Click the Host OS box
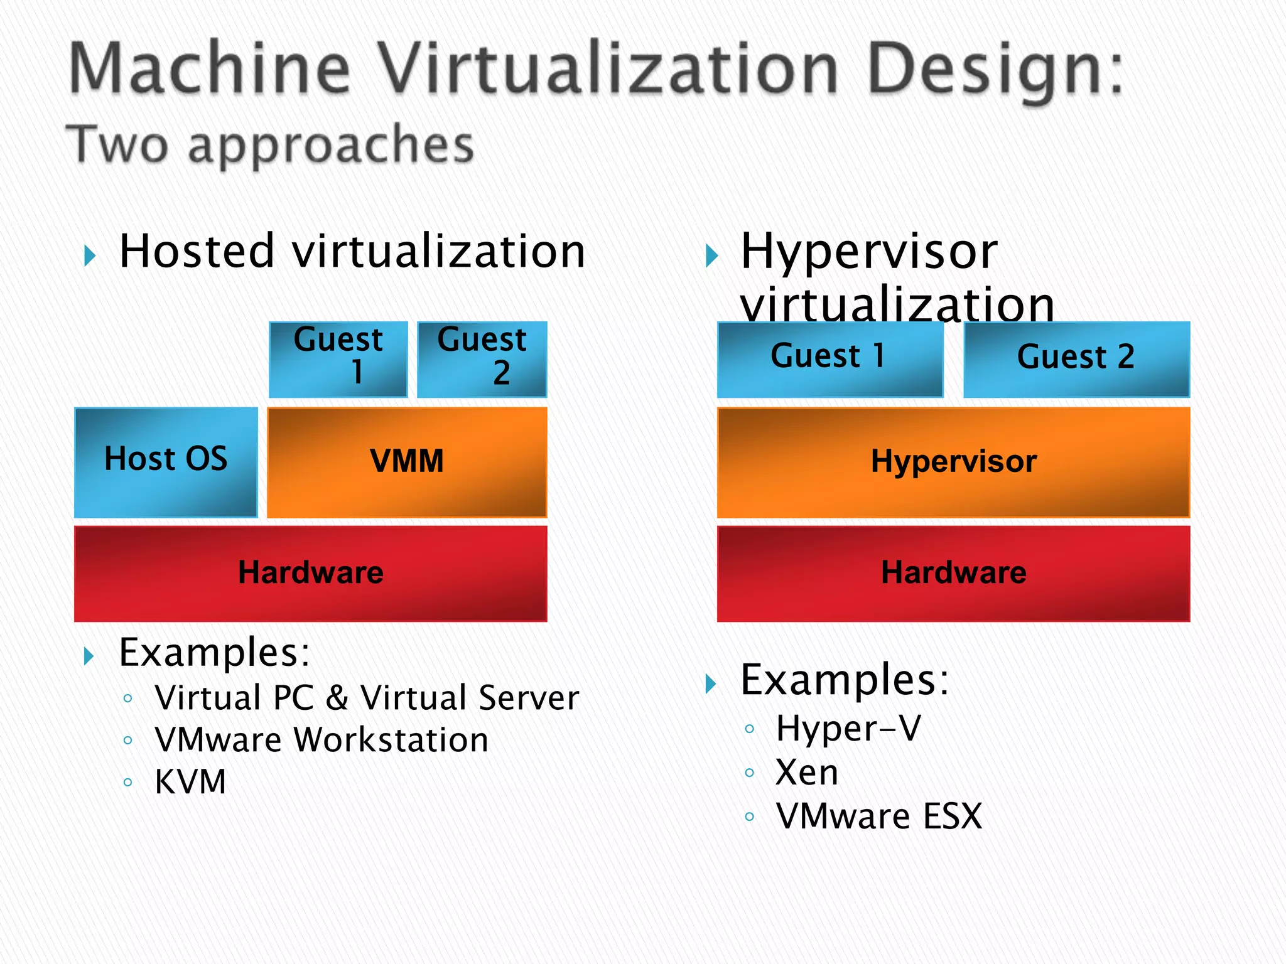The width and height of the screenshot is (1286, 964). [x=166, y=462]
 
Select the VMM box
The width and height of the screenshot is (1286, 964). [x=407, y=462]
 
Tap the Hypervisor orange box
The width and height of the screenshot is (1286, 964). [x=953, y=462]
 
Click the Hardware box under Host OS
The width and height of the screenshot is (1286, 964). [x=310, y=573]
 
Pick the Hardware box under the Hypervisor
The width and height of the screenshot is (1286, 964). [x=953, y=573]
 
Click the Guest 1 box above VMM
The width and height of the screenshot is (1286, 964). [x=338, y=359]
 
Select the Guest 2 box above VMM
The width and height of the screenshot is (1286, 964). [x=482, y=359]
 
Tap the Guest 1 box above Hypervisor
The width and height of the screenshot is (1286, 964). [x=829, y=359]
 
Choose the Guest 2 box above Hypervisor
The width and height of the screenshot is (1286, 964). [x=1076, y=359]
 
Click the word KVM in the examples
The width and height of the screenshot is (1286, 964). [x=190, y=782]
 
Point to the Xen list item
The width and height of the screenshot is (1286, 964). [x=807, y=773]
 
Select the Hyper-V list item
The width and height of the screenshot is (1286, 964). [x=848, y=729]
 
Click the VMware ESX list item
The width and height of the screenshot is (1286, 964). [x=878, y=817]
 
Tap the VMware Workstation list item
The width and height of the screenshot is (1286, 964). [x=321, y=740]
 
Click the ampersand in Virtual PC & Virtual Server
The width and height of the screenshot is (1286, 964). [x=337, y=698]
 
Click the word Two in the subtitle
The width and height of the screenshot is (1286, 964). [x=117, y=144]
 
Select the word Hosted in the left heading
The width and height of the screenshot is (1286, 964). [x=197, y=251]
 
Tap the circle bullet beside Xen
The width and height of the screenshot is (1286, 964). [x=749, y=773]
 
